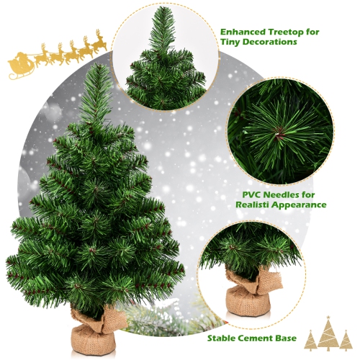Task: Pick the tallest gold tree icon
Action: (x=328, y=335)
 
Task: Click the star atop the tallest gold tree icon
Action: (x=328, y=318)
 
